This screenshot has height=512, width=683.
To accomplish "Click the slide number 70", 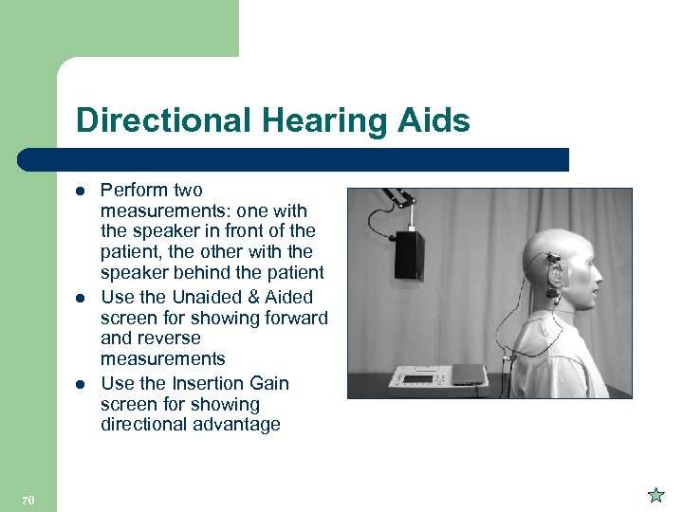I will (28, 500).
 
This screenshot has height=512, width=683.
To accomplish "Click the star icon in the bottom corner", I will (655, 495).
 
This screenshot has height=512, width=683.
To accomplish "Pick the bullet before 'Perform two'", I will (81, 191).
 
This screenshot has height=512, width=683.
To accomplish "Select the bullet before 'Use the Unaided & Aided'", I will (81, 297).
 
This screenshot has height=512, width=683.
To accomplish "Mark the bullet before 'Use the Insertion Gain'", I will (81, 383).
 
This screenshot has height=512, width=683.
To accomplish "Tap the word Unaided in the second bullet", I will (207, 297).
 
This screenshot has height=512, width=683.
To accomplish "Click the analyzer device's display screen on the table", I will (416, 378).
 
